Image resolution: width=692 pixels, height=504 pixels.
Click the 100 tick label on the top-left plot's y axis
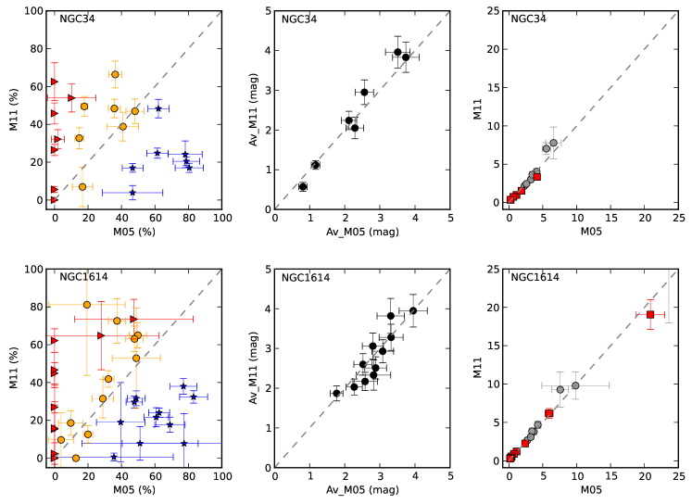[x=31, y=11]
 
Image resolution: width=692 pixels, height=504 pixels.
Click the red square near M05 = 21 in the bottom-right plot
[x=650, y=314]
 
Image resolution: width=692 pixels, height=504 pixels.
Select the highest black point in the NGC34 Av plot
[x=397, y=52]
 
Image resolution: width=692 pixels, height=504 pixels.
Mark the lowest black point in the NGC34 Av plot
[x=303, y=186]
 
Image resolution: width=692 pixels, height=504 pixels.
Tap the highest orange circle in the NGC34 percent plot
[x=115, y=74]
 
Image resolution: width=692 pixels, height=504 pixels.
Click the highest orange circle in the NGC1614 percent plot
[x=87, y=304]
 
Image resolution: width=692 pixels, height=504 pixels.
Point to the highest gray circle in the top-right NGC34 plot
[x=553, y=143]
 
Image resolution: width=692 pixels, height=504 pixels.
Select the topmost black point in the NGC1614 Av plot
[x=412, y=310]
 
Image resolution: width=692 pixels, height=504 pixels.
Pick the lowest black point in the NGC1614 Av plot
[x=336, y=393]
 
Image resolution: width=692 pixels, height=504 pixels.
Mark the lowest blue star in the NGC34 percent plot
[x=132, y=192]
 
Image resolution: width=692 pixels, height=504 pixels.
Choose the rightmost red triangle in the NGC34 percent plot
[x=71, y=97]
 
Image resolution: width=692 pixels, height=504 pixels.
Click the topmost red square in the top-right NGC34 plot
[x=536, y=176]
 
